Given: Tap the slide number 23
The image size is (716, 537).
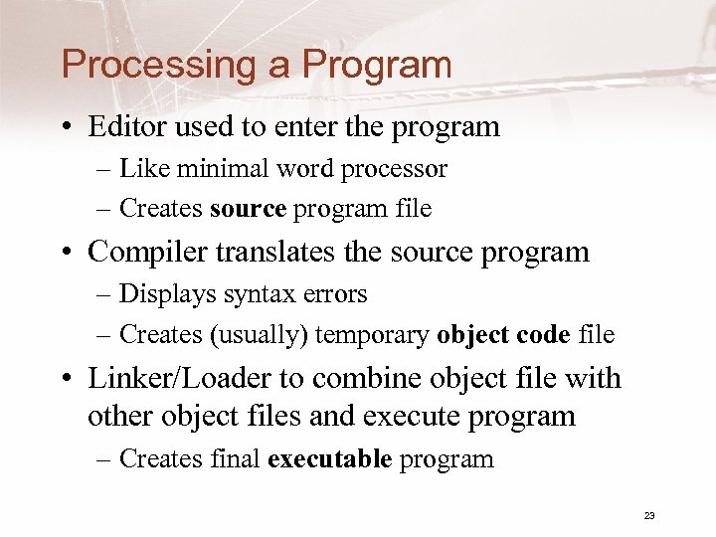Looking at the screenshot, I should click(649, 515).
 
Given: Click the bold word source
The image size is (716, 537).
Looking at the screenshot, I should click(248, 209).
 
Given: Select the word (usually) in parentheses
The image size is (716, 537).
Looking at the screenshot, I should click(258, 336).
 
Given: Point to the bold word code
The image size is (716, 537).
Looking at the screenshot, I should click(542, 336).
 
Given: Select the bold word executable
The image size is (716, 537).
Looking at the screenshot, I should click(330, 459).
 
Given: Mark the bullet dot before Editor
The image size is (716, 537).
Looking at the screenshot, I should click(67, 128).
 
